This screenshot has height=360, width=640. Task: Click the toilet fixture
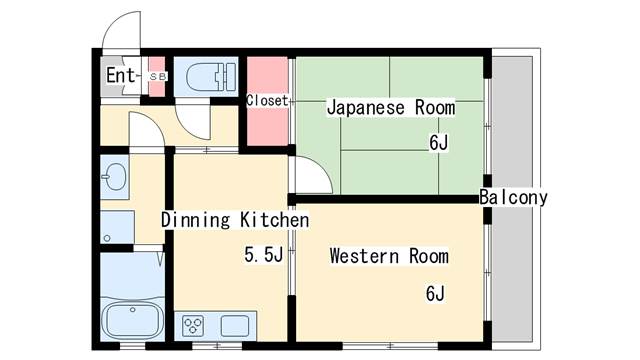coord(211,77)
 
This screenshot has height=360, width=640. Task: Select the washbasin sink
coord(114,177)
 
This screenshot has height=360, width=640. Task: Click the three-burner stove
coord(193,326)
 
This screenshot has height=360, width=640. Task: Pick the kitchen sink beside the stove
coord(235,326)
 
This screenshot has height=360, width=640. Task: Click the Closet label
coord(267,100)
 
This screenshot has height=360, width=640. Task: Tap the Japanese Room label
coord(391,107)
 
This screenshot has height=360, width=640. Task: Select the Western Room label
coord(389,256)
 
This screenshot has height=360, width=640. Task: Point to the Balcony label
coord(513,198)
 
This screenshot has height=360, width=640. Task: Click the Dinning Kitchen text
coord(235,220)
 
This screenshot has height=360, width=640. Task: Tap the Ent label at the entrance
coord(120,75)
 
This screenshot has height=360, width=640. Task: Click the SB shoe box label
coord(158,76)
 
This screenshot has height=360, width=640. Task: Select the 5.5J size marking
coord(264,255)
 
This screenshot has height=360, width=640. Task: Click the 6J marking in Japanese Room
coord(438,142)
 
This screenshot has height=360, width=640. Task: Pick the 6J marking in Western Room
coord(435,293)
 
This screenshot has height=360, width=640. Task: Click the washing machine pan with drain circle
coord(118,227)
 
